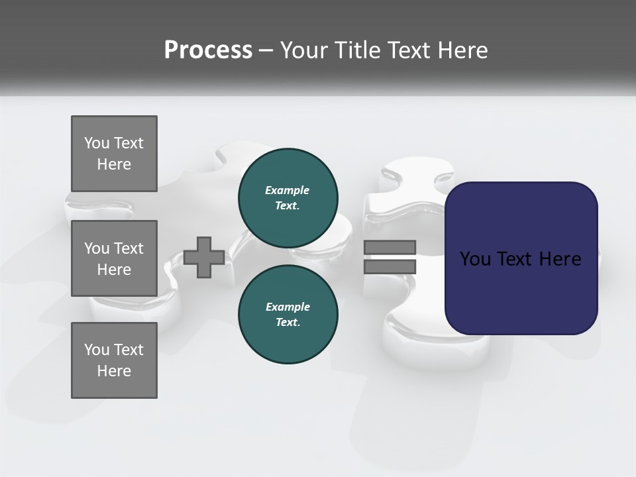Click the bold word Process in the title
click(x=208, y=50)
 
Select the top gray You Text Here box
click(x=114, y=154)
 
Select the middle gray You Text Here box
click(x=114, y=258)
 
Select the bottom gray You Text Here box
click(x=114, y=360)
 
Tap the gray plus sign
click(x=204, y=258)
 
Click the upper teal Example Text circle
click(x=288, y=198)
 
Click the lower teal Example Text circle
click(x=288, y=315)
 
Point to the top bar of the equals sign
click(x=390, y=248)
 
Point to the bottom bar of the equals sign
click(x=390, y=267)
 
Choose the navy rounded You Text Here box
click(x=521, y=258)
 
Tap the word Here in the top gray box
click(x=114, y=164)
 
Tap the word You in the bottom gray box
click(x=97, y=350)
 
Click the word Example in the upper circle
click(x=288, y=190)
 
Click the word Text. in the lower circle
click(x=288, y=323)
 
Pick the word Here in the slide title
click(x=461, y=50)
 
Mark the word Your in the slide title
click(x=303, y=50)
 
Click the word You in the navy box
click(x=475, y=259)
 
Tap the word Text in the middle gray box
click(x=129, y=248)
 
